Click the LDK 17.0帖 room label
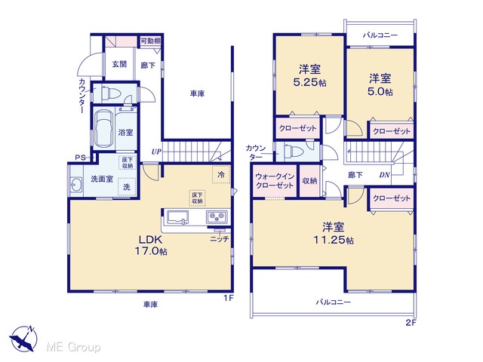tap(151, 245)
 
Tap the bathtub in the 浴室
tap(104, 129)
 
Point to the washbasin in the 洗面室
tap(76, 185)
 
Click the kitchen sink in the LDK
tap(178, 217)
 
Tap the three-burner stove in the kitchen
tap(217, 217)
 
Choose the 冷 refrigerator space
tap(221, 175)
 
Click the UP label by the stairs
tap(156, 152)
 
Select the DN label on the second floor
tap(384, 175)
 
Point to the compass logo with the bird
tap(23, 339)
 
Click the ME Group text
tap(73, 347)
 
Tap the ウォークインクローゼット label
tap(275, 181)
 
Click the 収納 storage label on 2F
tap(309, 181)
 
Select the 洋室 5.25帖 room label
tap(309, 75)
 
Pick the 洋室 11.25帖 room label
tap(334, 233)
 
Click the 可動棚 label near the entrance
tap(150, 41)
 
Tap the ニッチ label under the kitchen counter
tap(220, 239)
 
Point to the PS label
tap(81, 158)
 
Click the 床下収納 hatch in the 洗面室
tap(128, 163)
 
